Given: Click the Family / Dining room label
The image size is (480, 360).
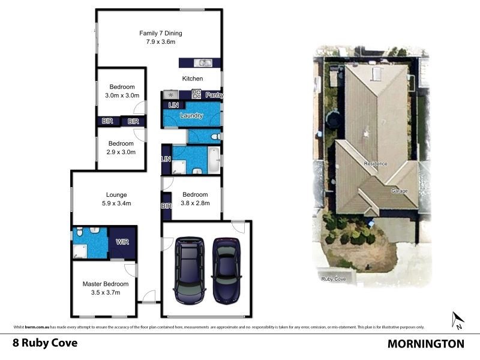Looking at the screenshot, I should click(160, 34).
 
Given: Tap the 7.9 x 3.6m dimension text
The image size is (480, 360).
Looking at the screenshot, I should click(160, 42).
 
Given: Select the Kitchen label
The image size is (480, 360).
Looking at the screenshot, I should click(193, 79).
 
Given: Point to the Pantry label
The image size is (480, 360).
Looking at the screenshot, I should click(214, 95).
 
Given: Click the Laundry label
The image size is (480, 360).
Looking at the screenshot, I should click(191, 116).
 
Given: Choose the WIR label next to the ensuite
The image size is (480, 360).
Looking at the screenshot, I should click(121, 242).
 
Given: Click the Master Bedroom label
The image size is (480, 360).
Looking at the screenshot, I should click(105, 284).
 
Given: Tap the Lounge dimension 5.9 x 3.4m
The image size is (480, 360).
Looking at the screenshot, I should click(116, 203).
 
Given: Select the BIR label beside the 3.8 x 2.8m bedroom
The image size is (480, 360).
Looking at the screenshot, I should click(166, 206).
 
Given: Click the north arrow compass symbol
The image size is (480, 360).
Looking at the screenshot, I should click(458, 320).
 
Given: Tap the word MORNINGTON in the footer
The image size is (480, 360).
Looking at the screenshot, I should click(426, 344).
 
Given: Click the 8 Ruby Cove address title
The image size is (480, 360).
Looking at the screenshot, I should click(45, 344).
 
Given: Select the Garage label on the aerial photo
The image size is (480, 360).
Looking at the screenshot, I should click(399, 191).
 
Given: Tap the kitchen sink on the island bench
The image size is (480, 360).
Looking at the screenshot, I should click(204, 62).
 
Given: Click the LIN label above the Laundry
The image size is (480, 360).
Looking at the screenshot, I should click(173, 106).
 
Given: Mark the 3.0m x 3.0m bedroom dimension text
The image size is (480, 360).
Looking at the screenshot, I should click(122, 95).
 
